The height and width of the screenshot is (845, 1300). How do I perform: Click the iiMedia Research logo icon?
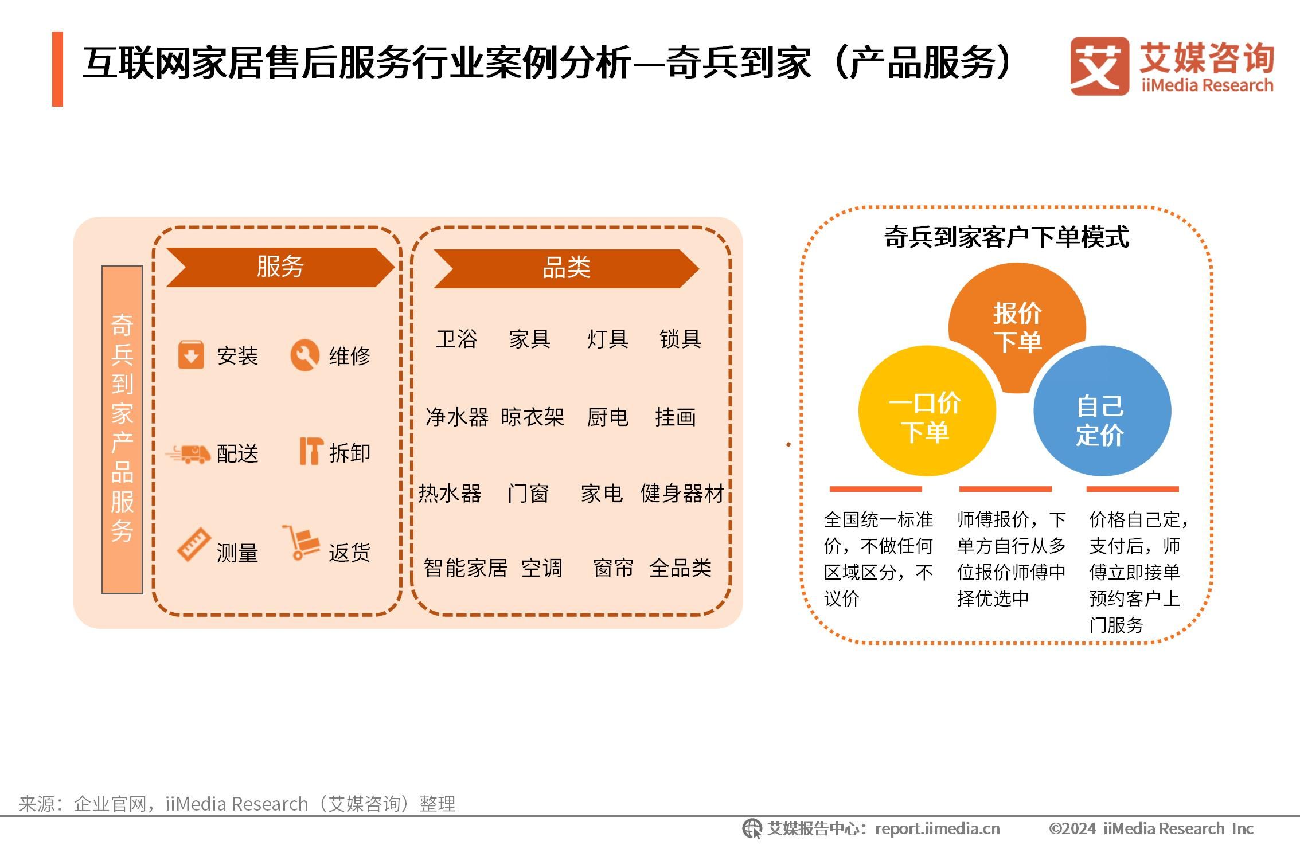coord(1099,66)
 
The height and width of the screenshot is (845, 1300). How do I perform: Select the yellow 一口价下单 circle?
coord(927,410)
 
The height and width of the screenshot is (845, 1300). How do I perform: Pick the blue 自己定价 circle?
coord(1102,410)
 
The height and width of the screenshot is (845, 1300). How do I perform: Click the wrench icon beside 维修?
coord(304,355)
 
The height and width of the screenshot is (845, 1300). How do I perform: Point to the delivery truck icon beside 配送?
coord(188,453)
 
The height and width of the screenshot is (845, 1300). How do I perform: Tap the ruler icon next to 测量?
coord(193,544)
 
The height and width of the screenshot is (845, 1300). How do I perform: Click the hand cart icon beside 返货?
coord(299,542)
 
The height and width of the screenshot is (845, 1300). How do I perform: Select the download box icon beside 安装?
coord(191,355)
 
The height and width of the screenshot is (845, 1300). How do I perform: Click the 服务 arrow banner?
coord(280,267)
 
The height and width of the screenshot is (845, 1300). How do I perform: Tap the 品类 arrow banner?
coord(566,268)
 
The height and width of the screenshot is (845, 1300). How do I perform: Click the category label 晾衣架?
coord(532,417)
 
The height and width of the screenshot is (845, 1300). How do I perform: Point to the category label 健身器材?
coord(682,493)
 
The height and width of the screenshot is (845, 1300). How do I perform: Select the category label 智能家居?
coord(465,568)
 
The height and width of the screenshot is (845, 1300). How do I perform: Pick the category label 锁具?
coord(680,339)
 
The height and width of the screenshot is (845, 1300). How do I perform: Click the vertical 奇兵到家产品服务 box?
coord(122,429)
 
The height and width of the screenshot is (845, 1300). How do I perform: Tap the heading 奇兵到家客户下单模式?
coord(1006,237)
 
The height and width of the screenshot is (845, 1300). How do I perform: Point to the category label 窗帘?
coord(613,568)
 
